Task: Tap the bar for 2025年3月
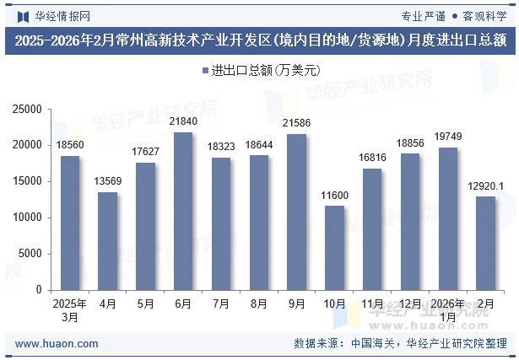[70, 223]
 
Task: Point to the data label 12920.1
[485, 186]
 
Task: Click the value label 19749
[447, 137]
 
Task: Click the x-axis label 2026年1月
[447, 309]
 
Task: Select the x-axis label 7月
[221, 303]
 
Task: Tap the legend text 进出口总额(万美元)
[264, 71]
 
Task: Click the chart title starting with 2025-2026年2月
[260, 40]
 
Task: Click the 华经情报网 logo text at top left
[62, 15]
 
